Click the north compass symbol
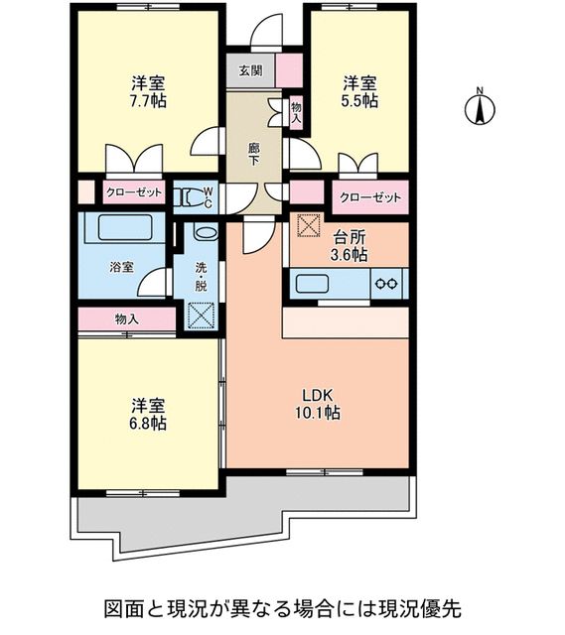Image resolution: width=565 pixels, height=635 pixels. pos(479,107)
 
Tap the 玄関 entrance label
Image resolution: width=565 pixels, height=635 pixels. pos(249,70)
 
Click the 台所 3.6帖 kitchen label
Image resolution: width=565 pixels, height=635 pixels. pos(350,246)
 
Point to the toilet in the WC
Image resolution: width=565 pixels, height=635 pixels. pos(189,198)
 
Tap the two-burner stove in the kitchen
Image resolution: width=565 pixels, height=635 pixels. pos(386,284)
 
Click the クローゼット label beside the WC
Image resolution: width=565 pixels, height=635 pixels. pos(133,193)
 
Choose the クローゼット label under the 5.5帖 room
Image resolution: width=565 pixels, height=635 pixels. pos(370,197)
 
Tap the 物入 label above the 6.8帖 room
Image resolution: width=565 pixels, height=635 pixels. pos(126,319)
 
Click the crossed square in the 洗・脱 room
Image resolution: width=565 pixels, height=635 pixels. pos(202,317)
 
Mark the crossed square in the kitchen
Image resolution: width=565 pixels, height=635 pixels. pos(308,226)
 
